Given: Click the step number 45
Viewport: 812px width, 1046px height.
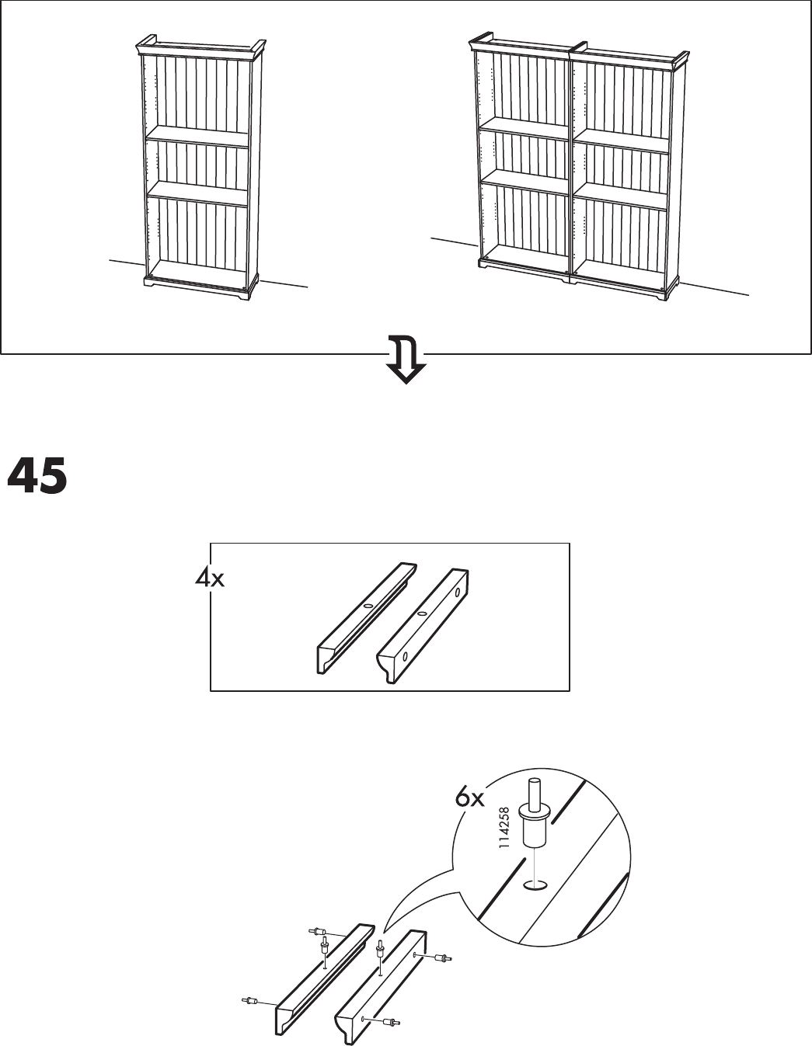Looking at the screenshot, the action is point(37,476).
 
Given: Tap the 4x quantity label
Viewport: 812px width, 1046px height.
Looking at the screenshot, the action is point(210,579).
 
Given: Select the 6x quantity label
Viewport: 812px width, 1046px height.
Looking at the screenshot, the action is point(470,798).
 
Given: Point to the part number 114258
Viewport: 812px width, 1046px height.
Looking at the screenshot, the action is point(504,830).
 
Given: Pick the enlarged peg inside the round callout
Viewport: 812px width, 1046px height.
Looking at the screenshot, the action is point(535,820).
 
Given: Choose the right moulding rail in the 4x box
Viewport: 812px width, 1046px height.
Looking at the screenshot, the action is point(423,626).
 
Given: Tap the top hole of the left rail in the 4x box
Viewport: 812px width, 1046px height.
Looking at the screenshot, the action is point(368,606).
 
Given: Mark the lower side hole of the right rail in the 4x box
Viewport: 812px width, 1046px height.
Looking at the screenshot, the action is point(405,656).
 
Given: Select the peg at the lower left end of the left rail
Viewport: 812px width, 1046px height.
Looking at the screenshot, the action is point(250,1000).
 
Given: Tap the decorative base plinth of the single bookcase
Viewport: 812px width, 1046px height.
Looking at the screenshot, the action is point(200,287).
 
